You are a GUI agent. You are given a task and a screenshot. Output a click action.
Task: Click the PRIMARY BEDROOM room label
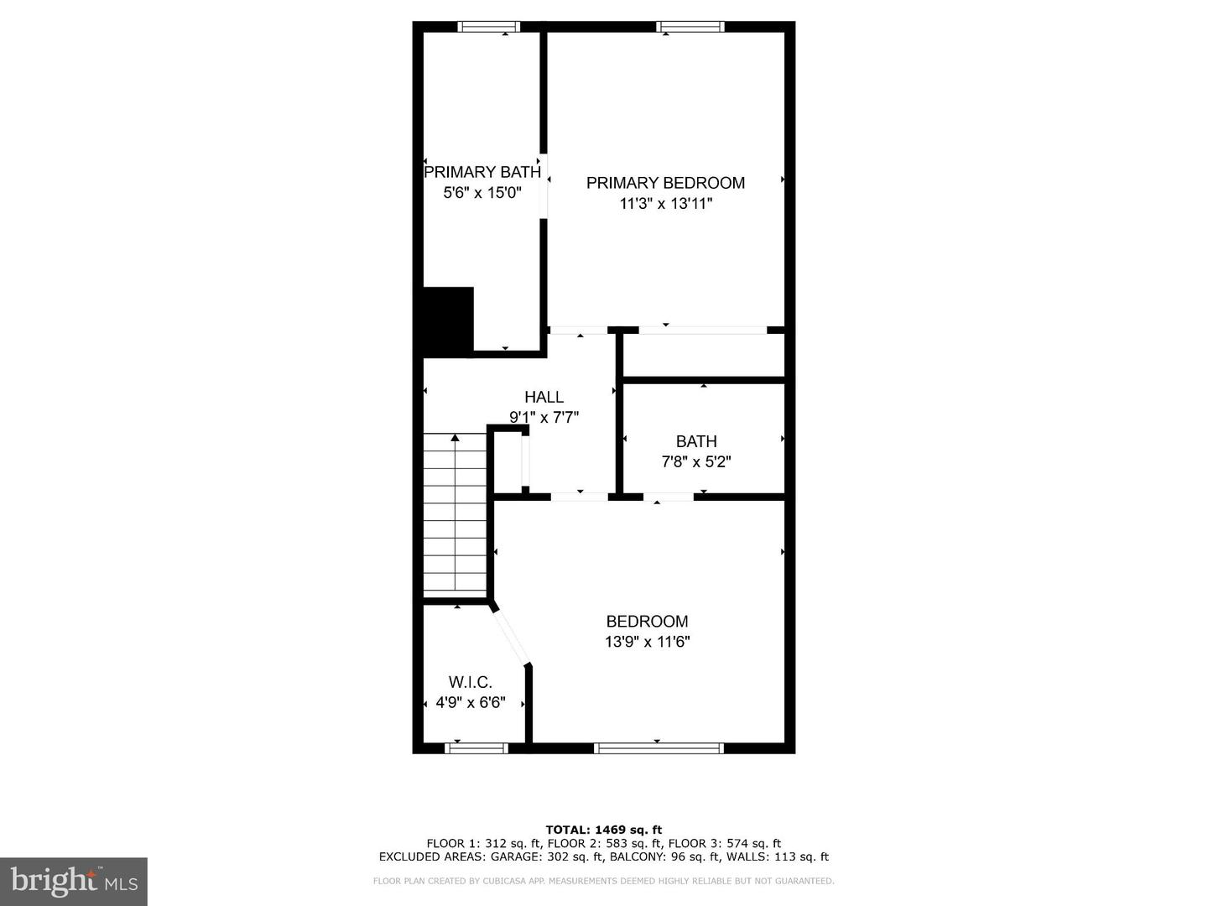pos(665,183)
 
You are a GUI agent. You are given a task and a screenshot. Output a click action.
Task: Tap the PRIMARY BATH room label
pos(482,172)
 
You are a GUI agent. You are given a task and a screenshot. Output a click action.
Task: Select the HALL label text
pos(544,397)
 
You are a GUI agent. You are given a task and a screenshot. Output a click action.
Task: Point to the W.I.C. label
pos(470,682)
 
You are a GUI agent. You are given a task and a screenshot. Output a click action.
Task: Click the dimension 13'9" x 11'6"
pos(648,642)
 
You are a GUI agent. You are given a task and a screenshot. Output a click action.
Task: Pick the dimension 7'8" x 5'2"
pos(696,461)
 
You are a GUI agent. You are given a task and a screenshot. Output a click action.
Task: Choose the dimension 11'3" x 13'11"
pos(666,203)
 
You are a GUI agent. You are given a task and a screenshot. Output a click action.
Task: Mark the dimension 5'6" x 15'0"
pos(482,192)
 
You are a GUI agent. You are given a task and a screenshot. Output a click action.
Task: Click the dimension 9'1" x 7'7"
pos(544,417)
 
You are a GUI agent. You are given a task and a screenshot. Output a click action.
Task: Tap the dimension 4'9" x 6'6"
pos(471,702)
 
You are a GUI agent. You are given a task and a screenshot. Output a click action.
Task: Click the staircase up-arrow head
pos(455,438)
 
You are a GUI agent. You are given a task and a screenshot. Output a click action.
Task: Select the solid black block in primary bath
pos(448,320)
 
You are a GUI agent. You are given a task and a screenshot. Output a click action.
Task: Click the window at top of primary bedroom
pos(690,27)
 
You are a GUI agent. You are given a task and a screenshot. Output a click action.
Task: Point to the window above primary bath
pos(489,27)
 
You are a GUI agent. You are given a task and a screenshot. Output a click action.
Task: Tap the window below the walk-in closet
pos(476,747)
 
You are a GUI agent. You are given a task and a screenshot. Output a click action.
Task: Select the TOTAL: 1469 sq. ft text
pos(604,830)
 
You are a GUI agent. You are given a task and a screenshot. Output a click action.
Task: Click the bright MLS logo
pos(74,881)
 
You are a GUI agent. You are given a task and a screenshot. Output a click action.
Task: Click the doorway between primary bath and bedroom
pos(544,186)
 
